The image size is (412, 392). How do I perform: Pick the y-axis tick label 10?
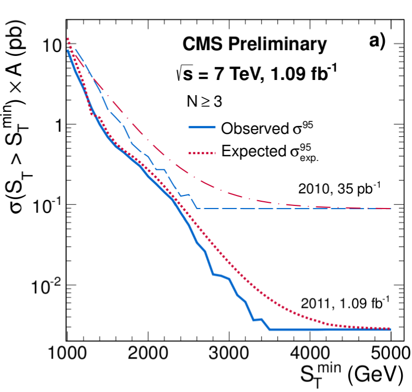click(49, 46)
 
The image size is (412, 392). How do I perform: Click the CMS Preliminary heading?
click(254, 45)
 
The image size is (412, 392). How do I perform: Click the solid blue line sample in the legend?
click(201, 129)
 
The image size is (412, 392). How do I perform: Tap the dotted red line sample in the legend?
click(201, 152)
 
